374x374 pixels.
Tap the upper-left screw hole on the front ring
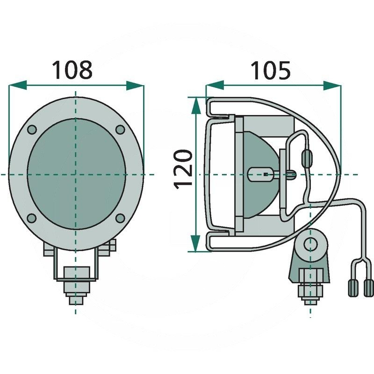click(32, 129)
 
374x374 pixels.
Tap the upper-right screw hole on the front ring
click(120, 129)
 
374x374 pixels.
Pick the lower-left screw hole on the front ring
click(32, 218)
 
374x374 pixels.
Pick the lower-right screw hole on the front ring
click(120, 218)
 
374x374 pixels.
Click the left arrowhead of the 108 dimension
click(17, 85)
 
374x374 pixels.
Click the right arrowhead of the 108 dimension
click(135, 86)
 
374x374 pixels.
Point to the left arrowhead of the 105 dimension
click(215, 85)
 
